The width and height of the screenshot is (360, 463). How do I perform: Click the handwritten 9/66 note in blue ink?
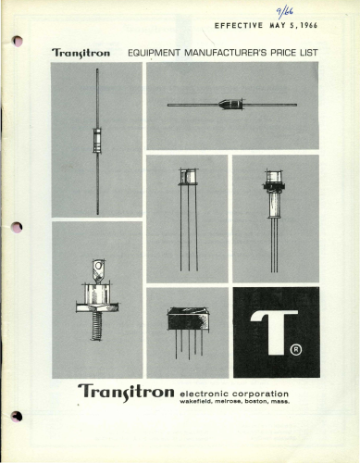pyautogui.click(x=284, y=12)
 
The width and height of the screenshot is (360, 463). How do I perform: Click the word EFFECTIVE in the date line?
pyautogui.click(x=239, y=26)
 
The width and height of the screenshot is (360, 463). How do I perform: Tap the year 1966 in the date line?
pyautogui.click(x=309, y=25)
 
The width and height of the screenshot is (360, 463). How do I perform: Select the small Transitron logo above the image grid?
pyautogui.click(x=81, y=53)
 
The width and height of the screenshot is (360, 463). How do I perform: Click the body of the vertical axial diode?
pyautogui.click(x=97, y=141)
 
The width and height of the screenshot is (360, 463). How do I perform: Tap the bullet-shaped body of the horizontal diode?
pyautogui.click(x=230, y=104)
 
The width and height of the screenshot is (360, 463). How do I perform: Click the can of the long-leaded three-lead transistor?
pyautogui.click(x=188, y=177)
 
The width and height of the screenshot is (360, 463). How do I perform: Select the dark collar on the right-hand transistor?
pyautogui.click(x=273, y=186)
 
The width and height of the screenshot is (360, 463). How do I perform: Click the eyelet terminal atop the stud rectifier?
pyautogui.click(x=99, y=268)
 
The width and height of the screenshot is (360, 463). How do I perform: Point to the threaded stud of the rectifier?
pyautogui.click(x=96, y=326)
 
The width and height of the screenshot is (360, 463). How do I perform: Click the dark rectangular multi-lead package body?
pyautogui.click(x=188, y=319)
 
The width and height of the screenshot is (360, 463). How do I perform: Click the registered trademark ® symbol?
pyautogui.click(x=296, y=349)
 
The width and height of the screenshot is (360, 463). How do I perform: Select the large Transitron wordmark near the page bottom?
pyautogui.click(x=126, y=393)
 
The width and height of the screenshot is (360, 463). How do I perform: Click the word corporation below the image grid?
pyautogui.click(x=261, y=394)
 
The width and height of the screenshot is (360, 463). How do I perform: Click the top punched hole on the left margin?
pyautogui.click(x=18, y=42)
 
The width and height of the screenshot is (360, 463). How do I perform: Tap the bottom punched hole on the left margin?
pyautogui.click(x=17, y=417)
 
